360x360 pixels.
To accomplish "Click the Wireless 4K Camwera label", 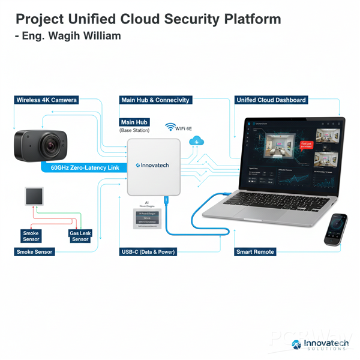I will (x=47, y=100).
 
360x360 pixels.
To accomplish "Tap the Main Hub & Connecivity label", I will (x=155, y=100).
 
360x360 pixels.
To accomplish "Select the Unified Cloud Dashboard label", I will (x=271, y=100).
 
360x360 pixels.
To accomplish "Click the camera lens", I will (x=50, y=144).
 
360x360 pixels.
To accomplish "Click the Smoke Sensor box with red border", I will (x=31, y=236).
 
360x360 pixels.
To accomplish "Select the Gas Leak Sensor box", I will (x=80, y=236).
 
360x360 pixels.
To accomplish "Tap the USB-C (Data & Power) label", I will (x=148, y=252).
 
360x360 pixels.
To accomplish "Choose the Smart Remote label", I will (x=255, y=252).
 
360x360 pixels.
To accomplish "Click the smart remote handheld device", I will (x=335, y=229).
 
